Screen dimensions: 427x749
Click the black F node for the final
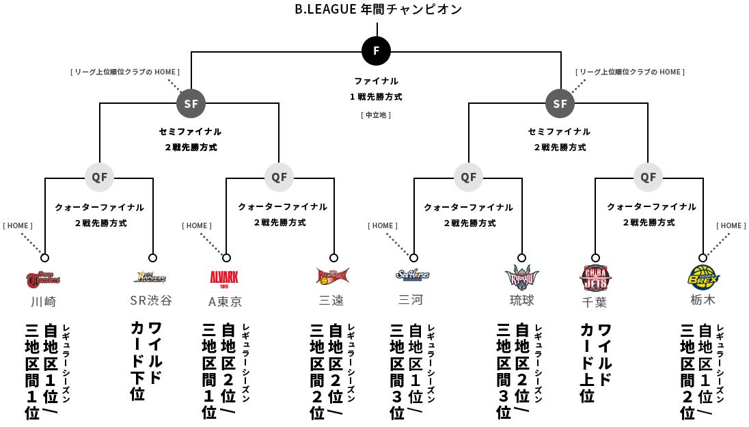coord(377,51)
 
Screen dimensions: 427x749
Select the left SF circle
coord(191,104)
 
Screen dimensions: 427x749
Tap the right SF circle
coord(560,104)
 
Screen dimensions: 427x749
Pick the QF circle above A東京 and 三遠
coord(279,177)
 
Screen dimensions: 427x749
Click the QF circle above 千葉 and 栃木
coord(648,177)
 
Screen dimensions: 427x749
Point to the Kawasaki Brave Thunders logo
coord(43,278)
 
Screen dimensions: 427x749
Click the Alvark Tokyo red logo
coord(224,279)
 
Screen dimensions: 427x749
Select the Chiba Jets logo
coord(595,278)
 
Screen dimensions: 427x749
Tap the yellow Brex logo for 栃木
coord(704,277)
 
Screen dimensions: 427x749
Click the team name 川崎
coord(43,301)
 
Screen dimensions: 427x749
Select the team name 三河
coord(411,300)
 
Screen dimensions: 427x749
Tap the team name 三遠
coord(331,301)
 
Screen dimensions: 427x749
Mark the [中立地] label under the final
coord(376,115)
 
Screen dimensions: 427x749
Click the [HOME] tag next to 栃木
coord(731,225)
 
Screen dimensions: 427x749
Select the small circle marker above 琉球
coord(522,258)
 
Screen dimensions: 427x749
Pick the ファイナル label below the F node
coord(376,81)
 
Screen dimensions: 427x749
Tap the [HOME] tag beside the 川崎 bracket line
coord(18,225)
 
